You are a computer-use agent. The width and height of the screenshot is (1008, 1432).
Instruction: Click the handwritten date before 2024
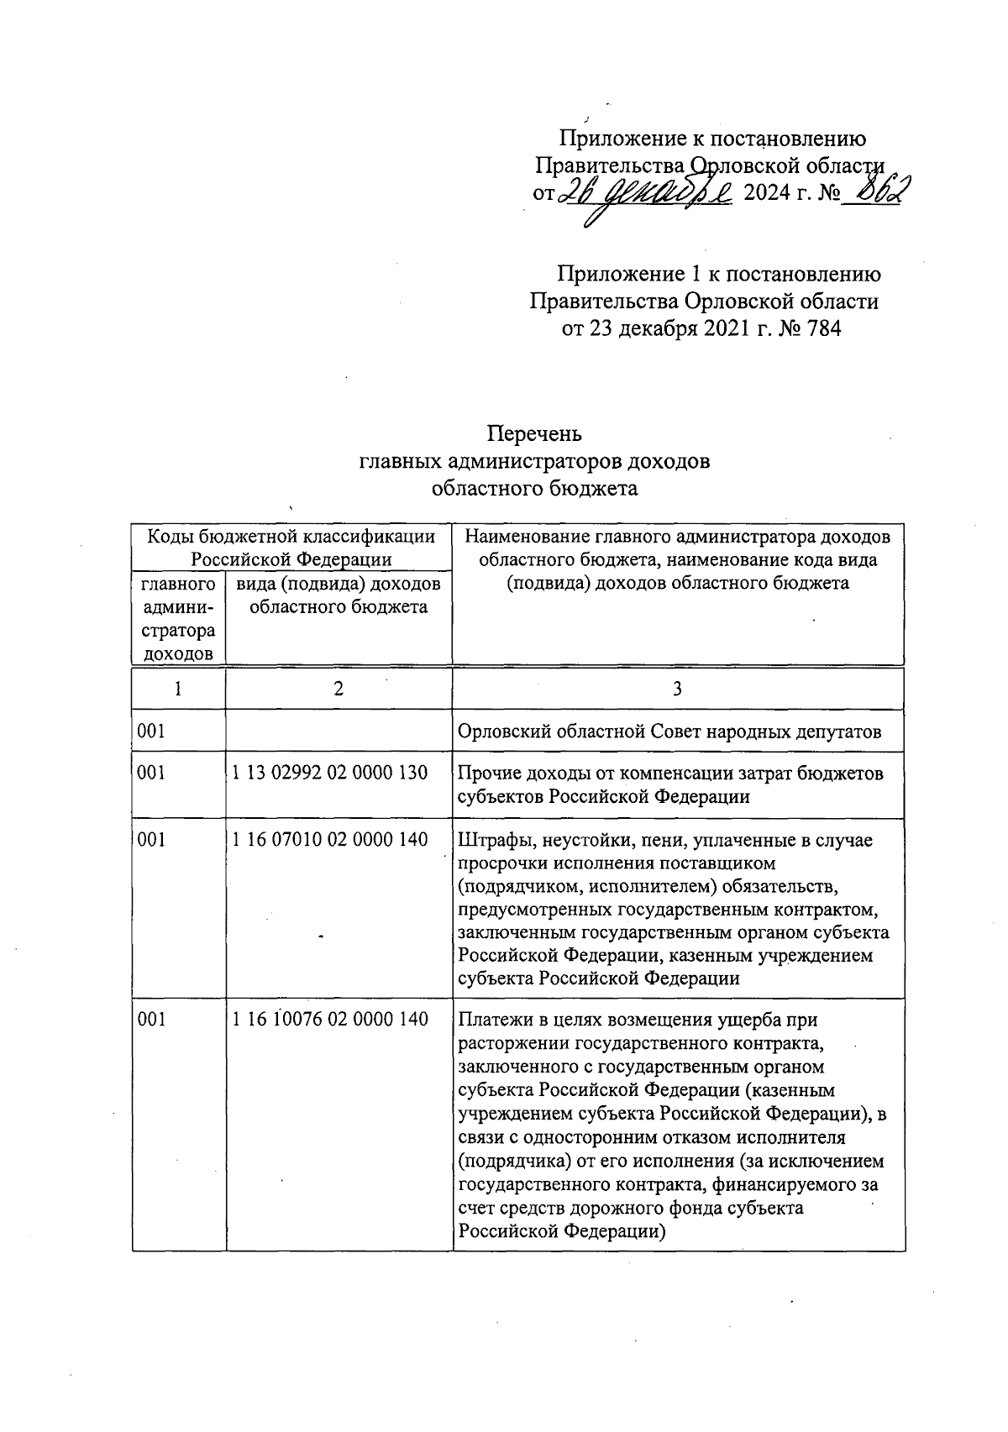pos(648,192)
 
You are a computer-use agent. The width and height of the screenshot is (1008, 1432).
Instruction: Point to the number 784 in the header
pos(822,328)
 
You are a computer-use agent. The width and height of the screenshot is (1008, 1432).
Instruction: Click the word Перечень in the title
pos(534,434)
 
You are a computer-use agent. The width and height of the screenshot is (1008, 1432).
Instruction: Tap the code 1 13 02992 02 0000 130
pos(330,773)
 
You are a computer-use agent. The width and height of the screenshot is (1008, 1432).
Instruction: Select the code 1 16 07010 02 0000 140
pos(330,839)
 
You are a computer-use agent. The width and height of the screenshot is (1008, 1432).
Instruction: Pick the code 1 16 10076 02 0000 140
pos(330,1019)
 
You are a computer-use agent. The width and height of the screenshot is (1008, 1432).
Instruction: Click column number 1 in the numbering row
pos(178,689)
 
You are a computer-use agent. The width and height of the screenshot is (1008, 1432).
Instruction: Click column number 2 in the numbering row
pos(338,689)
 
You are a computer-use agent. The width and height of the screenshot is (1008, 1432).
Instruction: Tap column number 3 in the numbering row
pos(677,689)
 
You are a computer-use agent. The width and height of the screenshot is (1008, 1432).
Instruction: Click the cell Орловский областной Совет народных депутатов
pos(669,732)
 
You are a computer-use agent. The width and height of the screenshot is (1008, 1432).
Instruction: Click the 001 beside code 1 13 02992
pos(151,773)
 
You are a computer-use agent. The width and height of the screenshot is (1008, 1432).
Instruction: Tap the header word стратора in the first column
pos(178,631)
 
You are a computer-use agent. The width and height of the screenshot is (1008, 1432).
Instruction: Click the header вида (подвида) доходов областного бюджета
pos(338,595)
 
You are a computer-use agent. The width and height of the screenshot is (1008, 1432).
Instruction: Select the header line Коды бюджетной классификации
pos(291,536)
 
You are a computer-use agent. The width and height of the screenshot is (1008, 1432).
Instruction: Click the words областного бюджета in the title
pos(534,488)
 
